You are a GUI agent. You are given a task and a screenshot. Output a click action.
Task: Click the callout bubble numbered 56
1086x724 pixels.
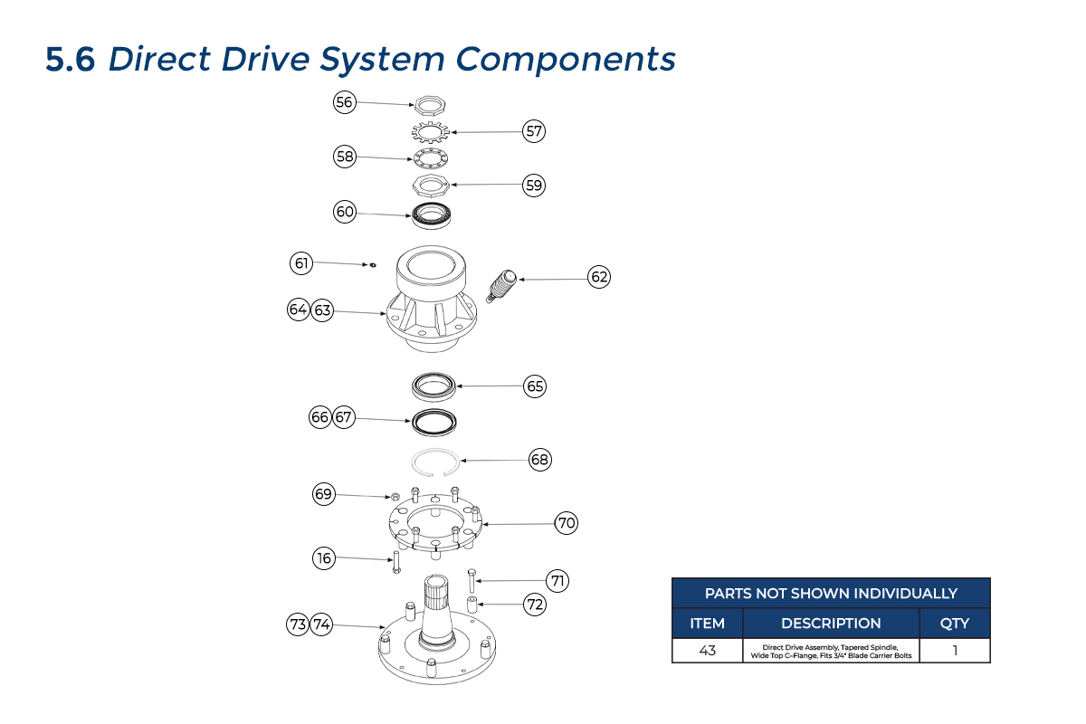coord(344,102)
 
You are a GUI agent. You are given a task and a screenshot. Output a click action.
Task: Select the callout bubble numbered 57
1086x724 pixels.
coord(535,131)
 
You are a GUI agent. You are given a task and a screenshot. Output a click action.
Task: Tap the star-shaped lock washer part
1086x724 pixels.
coord(431,134)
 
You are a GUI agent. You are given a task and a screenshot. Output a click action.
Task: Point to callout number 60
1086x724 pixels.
coord(345,212)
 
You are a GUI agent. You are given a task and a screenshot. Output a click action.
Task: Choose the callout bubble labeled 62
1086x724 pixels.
coord(599,277)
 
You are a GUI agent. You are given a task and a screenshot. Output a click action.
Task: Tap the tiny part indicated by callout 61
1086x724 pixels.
coord(371,265)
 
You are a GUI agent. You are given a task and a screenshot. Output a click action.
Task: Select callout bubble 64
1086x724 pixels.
coord(299,310)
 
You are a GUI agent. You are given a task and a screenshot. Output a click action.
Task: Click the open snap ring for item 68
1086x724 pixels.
coord(433,462)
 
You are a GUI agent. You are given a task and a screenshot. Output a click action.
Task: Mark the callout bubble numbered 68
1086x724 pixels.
coord(540,460)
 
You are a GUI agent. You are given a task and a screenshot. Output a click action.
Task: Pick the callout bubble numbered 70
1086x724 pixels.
coord(567,523)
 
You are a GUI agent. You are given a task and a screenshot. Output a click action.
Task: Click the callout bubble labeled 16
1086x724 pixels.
coord(324,558)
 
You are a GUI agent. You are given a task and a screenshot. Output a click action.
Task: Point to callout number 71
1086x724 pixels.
coord(558,581)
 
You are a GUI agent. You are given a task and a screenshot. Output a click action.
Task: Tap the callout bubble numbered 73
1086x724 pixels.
coord(298,624)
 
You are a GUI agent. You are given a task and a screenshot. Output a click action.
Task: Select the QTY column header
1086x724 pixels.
coord(955,623)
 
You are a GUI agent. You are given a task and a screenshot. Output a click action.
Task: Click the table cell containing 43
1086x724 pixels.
coord(707,651)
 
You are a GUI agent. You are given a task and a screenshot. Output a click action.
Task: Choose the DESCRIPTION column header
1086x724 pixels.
coord(831,623)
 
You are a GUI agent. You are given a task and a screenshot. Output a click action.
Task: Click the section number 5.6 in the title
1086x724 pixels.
coord(70,60)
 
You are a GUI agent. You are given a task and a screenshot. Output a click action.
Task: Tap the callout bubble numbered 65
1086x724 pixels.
coord(536,386)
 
